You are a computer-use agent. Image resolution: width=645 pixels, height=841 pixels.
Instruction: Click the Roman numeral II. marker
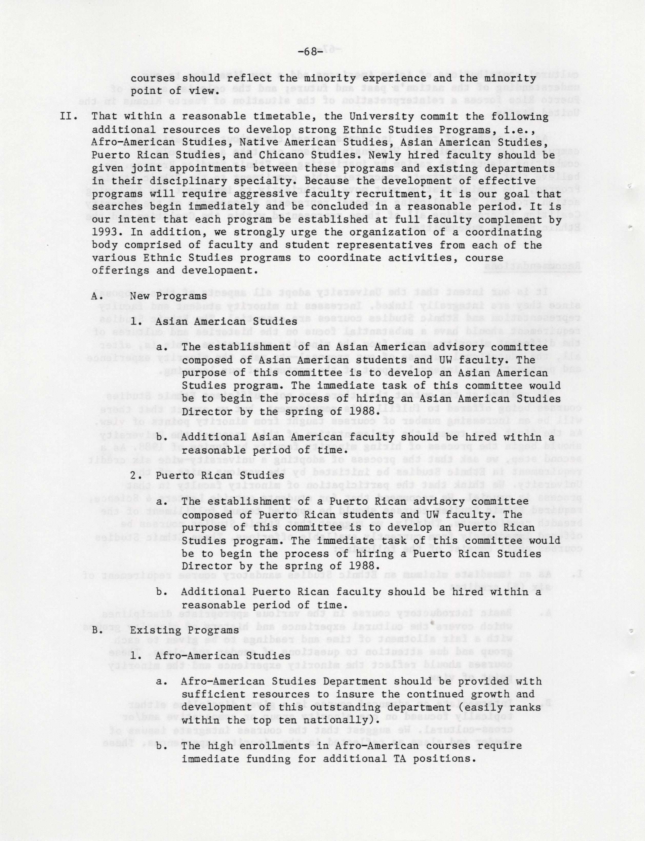[70, 117]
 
